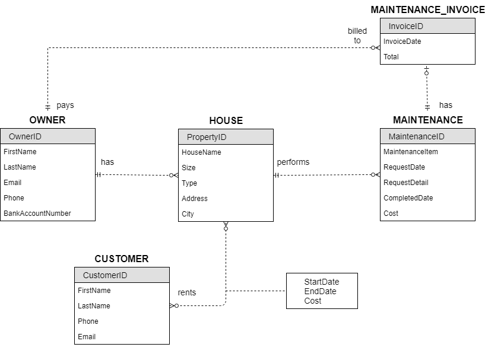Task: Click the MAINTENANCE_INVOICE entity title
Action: [427, 10]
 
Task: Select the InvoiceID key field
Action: [405, 26]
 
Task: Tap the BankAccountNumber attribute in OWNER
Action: [37, 214]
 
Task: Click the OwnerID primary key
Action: [25, 136]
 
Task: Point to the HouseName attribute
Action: [201, 152]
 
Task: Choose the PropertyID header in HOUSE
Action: [207, 137]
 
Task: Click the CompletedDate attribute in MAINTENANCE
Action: [408, 198]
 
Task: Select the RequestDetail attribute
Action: [405, 183]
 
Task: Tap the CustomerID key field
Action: [105, 275]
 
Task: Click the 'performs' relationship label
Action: [293, 162]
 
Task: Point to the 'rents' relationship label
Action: [187, 292]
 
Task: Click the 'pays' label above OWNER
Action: [65, 105]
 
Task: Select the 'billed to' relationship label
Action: [357, 36]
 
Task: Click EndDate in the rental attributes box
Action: [320, 291]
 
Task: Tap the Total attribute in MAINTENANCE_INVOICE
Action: [391, 57]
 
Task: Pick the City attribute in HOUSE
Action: [188, 214]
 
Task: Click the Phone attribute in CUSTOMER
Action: [88, 321]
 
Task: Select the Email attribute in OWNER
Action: [12, 183]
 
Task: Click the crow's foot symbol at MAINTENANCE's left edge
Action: [375, 175]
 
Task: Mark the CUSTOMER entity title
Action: [122, 259]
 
